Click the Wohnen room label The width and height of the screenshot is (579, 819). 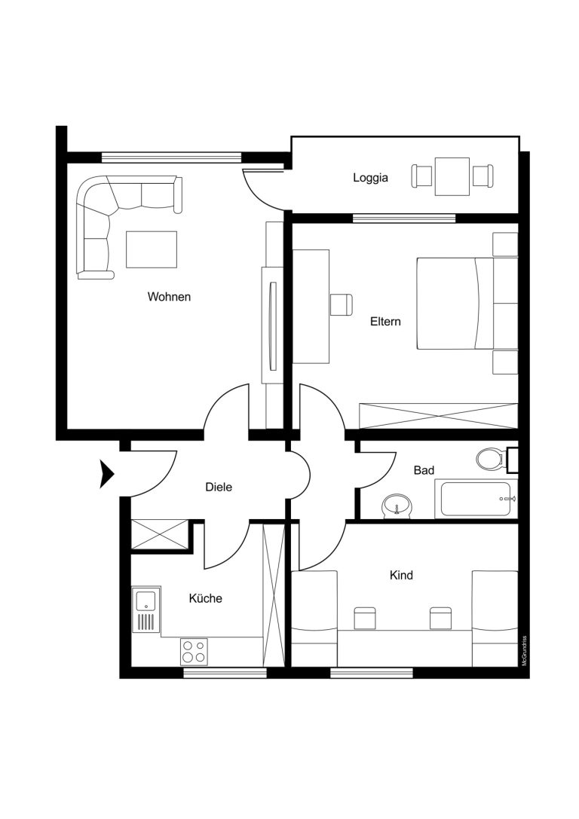coord(169,297)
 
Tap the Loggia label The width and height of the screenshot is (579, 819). coord(370,178)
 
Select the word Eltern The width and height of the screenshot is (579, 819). coord(385,321)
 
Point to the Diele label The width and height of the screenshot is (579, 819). coord(219,487)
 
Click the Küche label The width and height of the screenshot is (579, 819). coord(205,598)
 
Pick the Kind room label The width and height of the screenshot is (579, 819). coord(401,575)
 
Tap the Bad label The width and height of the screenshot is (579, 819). coord(424,471)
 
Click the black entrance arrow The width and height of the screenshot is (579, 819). coord(106,474)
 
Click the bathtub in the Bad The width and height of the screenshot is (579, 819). coord(476,500)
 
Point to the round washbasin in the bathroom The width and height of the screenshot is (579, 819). coord(397,506)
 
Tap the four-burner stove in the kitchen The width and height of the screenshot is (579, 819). coord(194,651)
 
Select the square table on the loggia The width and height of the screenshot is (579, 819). coord(452,176)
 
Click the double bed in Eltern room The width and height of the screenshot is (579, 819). coord(455,303)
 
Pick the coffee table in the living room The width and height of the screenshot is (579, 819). coord(151,249)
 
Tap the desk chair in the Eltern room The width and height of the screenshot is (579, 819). coord(341,304)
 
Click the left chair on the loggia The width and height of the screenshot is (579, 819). coord(421,176)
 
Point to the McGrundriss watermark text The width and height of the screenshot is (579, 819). coord(524,650)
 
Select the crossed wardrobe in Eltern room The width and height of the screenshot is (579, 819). coord(438,416)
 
